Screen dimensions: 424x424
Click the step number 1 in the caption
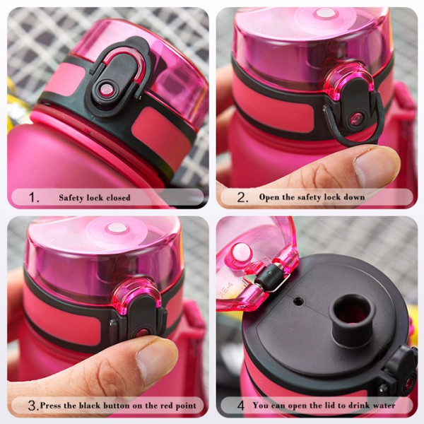coord(34,198)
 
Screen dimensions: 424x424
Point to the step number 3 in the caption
coord(33,406)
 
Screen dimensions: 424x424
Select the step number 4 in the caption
coord(240,406)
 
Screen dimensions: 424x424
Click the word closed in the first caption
coord(117,198)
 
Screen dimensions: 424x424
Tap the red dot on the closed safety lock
coord(107,90)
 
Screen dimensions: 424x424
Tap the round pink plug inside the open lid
coord(242,252)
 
